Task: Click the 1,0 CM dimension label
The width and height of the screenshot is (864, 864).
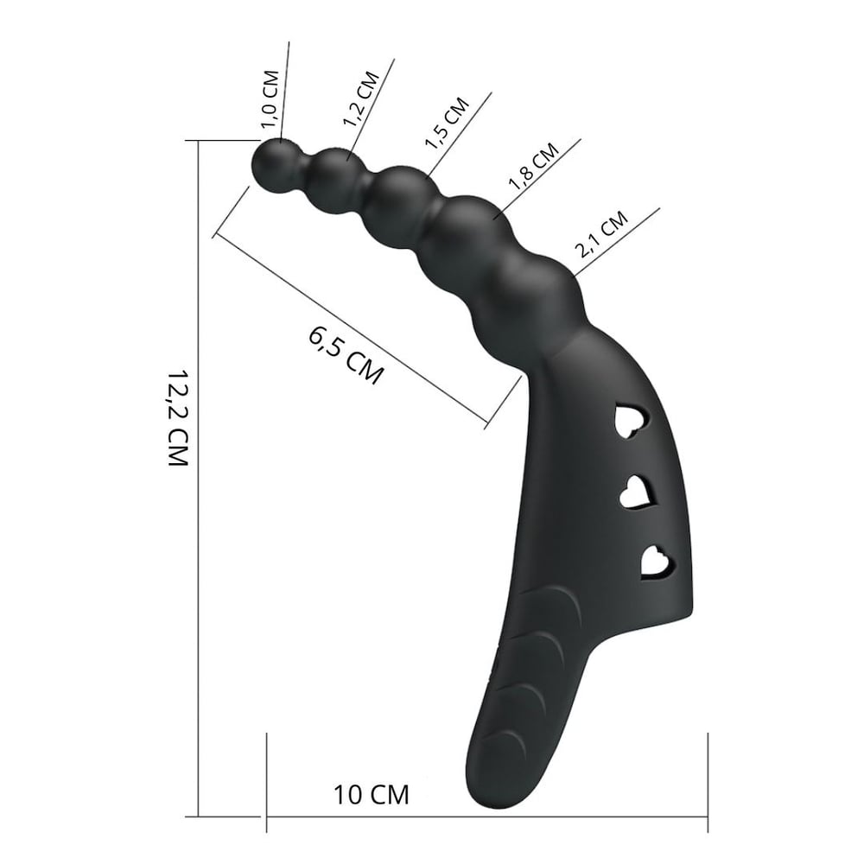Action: pos(270,99)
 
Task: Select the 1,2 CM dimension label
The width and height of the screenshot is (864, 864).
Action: pos(361,99)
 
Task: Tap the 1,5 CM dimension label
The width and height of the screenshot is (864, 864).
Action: pos(447,123)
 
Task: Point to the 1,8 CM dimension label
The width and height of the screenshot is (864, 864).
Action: pos(533,167)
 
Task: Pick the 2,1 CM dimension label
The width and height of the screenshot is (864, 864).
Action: pos(601,234)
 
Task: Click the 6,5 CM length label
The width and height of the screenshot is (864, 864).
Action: pos(346,355)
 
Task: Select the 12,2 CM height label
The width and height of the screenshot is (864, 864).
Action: pos(178,417)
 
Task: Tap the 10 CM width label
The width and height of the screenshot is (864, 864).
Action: pos(372,795)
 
